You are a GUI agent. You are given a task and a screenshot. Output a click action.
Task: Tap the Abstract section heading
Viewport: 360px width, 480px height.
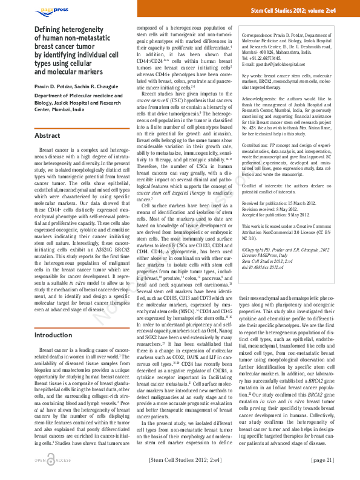pos(47,136)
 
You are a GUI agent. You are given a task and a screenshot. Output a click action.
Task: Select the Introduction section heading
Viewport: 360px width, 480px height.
pos(53,335)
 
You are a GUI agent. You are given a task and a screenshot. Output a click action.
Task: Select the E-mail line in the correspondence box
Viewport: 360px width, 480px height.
pos(275,63)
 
